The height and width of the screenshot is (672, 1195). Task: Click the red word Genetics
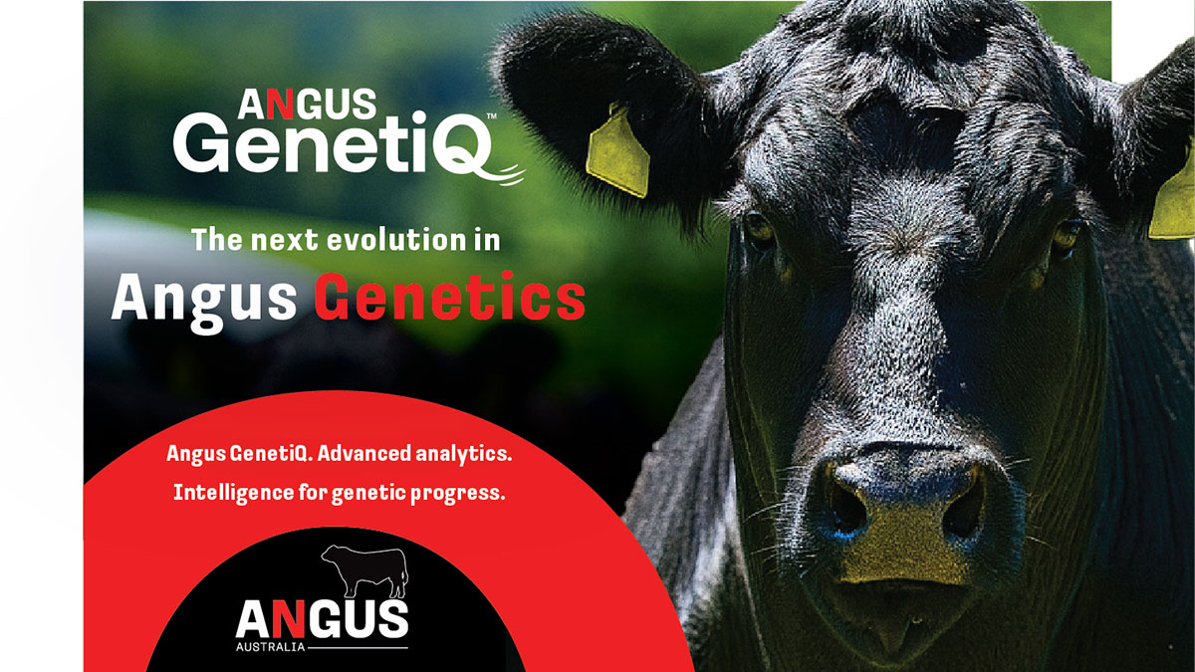click(450, 298)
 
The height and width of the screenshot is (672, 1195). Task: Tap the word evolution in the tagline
click(396, 240)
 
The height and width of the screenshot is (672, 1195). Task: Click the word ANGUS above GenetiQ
click(307, 104)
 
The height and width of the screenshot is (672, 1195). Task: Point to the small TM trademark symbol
click(492, 115)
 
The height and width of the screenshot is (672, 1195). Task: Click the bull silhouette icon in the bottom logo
click(364, 570)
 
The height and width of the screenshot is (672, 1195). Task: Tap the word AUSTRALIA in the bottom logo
click(270, 647)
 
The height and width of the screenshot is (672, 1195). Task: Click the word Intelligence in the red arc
click(234, 493)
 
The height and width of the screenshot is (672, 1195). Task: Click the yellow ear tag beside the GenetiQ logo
click(617, 151)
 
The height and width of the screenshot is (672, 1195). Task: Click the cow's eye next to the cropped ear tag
click(1066, 235)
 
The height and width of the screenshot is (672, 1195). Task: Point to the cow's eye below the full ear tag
click(759, 229)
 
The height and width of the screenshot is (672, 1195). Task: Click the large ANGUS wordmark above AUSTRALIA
click(322, 618)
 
